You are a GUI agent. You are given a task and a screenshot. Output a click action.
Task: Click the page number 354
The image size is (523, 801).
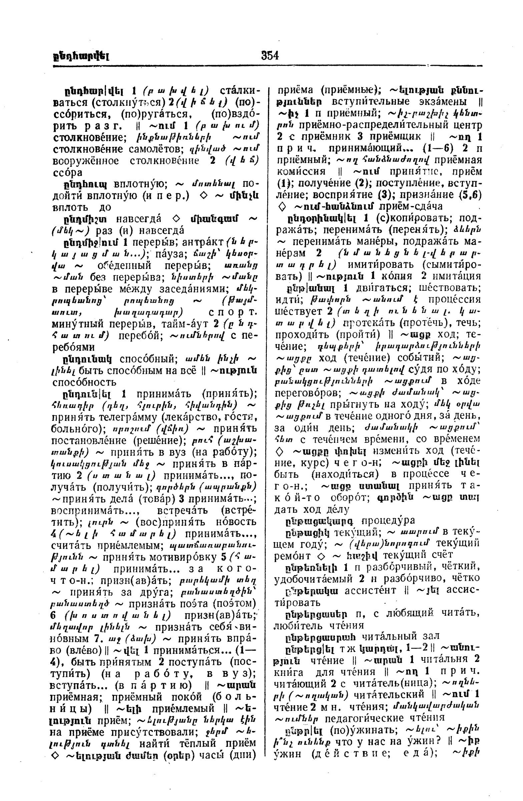point(270,55)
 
